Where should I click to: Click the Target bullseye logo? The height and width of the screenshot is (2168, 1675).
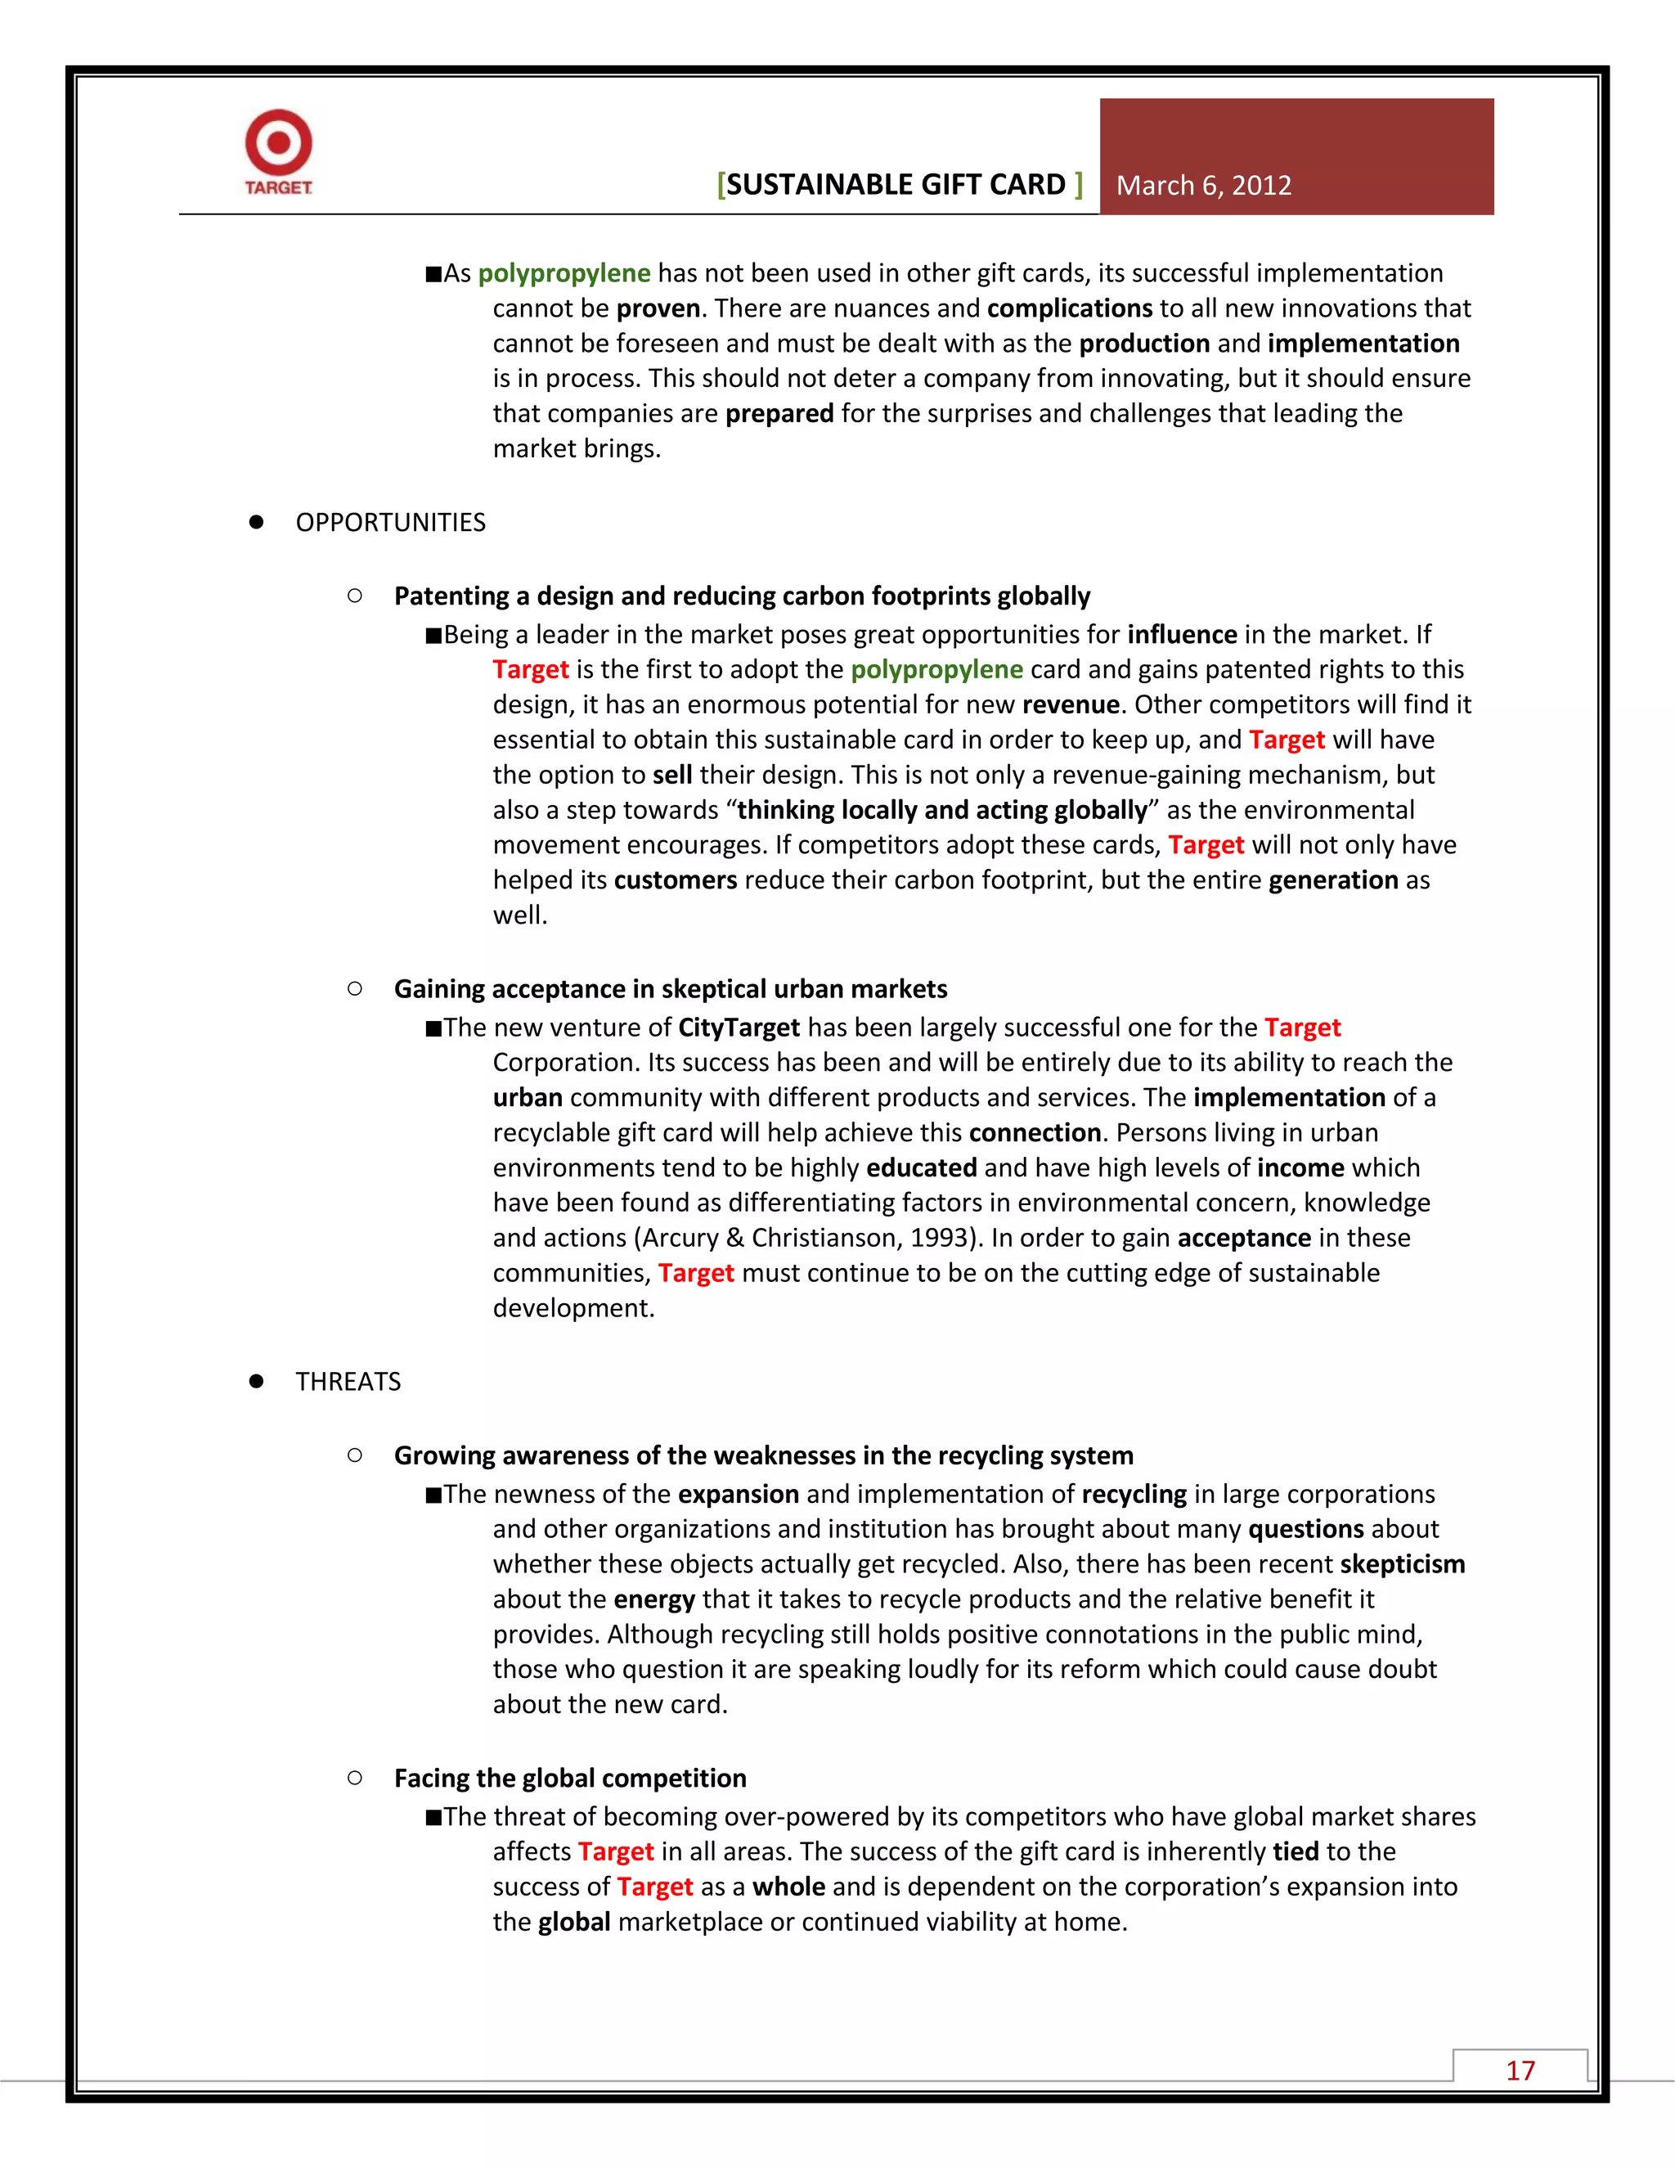tap(279, 144)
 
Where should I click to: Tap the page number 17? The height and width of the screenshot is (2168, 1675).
tap(1520, 2070)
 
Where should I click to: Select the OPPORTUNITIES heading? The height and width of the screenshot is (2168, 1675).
tap(390, 522)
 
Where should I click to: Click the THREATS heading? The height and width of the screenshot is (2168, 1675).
tap(348, 1381)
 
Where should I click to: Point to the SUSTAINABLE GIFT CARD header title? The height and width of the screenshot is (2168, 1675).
tap(899, 185)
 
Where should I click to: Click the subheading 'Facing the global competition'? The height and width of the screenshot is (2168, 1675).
tap(569, 1778)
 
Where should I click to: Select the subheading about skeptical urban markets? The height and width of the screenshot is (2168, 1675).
tap(670, 989)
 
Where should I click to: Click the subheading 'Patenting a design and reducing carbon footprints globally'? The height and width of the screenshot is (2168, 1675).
tap(741, 596)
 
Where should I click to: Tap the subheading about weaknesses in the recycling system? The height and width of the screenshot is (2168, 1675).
tap(763, 1455)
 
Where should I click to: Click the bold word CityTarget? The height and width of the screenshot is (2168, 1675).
tap(739, 1028)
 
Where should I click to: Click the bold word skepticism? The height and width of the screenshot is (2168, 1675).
tap(1401, 1564)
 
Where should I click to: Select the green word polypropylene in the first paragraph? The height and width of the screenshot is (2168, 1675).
tap(564, 273)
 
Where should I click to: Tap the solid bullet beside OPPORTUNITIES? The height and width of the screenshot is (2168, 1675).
tap(256, 522)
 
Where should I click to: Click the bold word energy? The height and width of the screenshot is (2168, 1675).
tap(654, 1599)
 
